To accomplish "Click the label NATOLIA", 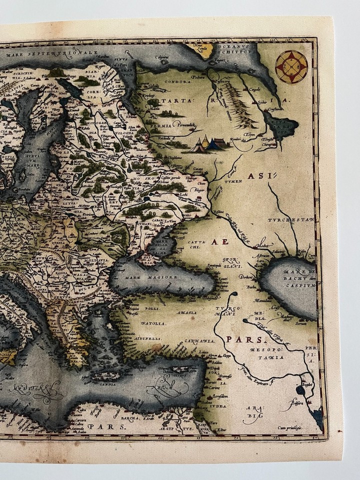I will tap(153, 324).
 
